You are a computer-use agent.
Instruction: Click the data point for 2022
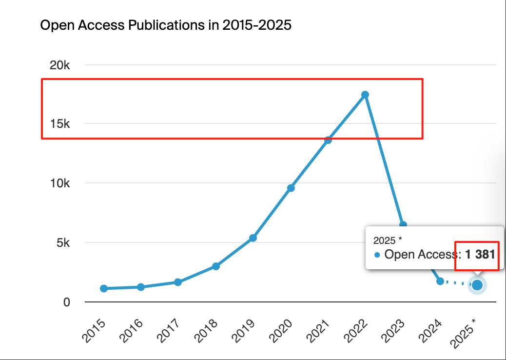click(x=365, y=95)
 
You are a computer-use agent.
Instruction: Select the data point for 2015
click(x=103, y=288)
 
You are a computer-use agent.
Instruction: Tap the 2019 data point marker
click(x=253, y=238)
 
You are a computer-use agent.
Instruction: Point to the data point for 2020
click(x=291, y=188)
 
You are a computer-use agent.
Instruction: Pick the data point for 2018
click(x=216, y=266)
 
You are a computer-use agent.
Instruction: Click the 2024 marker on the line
click(x=440, y=281)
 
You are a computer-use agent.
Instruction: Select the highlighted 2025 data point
click(x=477, y=285)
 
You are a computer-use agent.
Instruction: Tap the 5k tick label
click(x=62, y=243)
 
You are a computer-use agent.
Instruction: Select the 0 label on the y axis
click(x=67, y=302)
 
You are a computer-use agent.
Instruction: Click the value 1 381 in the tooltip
click(x=480, y=254)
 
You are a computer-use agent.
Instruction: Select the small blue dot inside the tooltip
click(x=377, y=255)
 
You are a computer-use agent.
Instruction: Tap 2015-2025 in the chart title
click(x=257, y=25)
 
